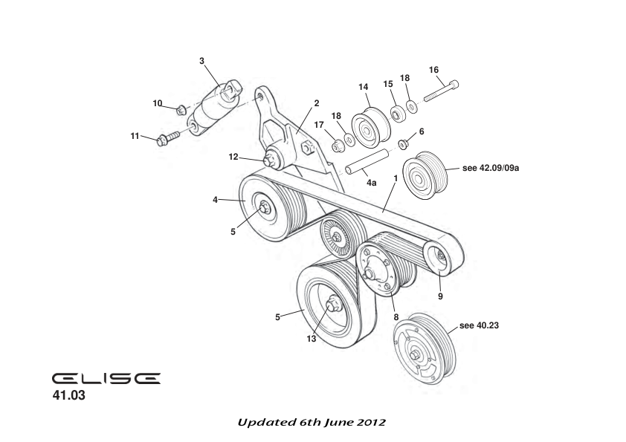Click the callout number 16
(433, 70)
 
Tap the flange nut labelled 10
(181, 110)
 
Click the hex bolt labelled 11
(168, 138)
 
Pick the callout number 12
(233, 157)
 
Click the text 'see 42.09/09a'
(490, 169)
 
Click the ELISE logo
(106, 378)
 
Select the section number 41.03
(68, 397)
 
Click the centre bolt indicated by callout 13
(332, 304)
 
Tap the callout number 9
(439, 296)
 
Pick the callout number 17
(319, 124)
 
